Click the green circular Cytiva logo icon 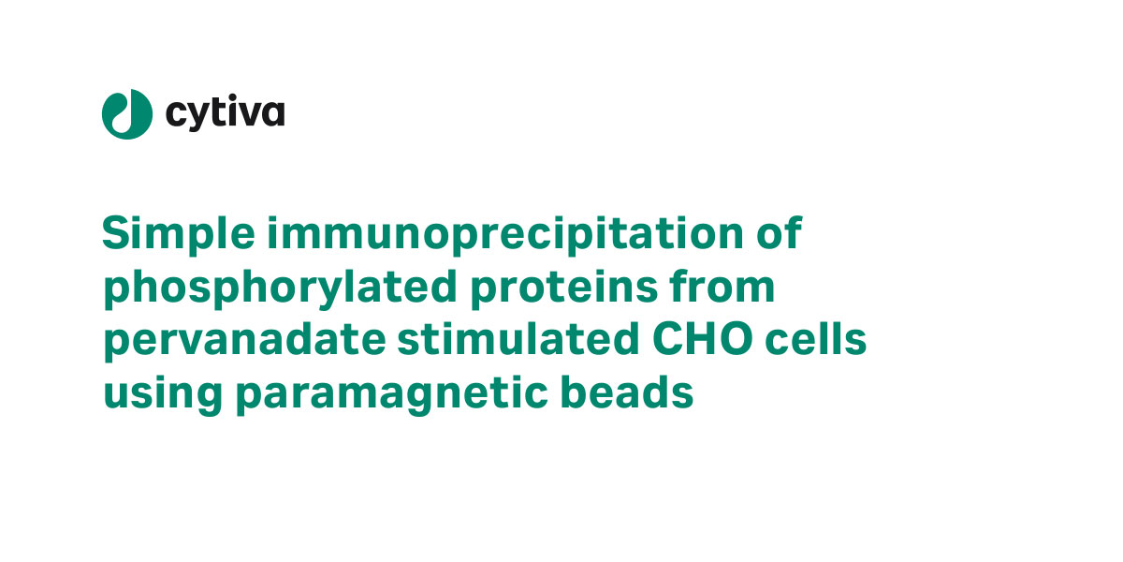coord(127,114)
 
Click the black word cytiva coord(226,112)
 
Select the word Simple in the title coord(179,234)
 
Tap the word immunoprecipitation coord(505,234)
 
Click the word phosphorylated coord(280,288)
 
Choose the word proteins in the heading coord(563,288)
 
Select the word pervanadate coord(244,341)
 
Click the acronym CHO coord(703,339)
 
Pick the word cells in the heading coord(816,339)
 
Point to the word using coord(163,394)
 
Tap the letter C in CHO coord(668,339)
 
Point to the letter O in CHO coord(736,339)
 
